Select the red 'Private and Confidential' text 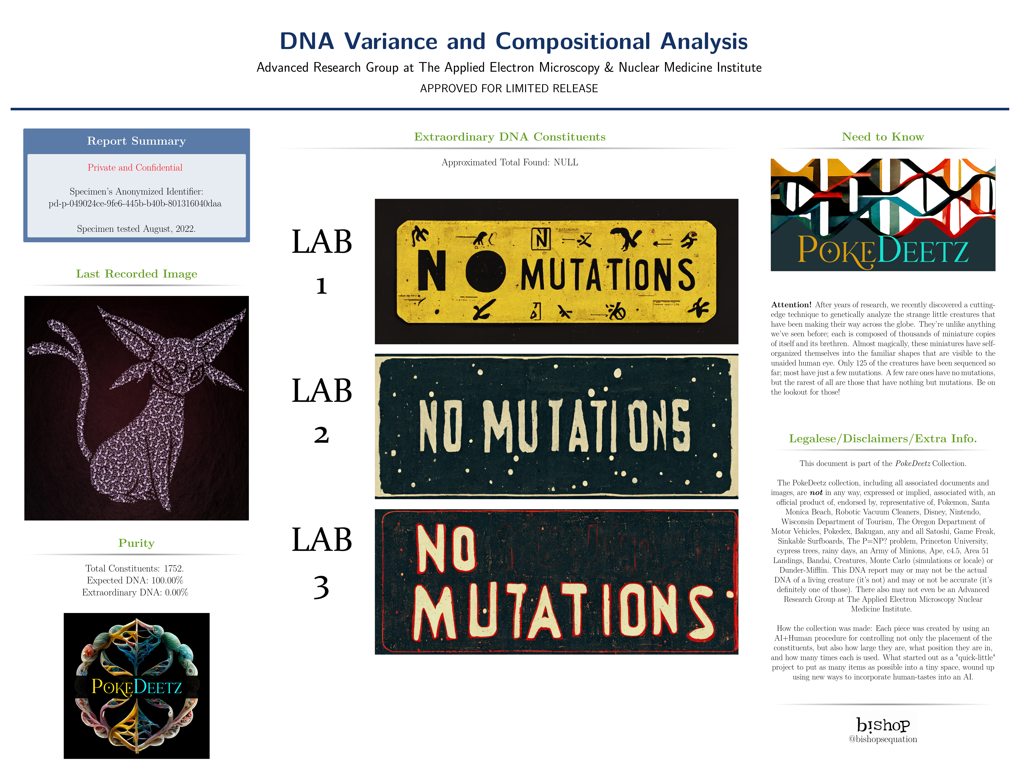(135, 167)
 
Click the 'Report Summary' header (137, 141)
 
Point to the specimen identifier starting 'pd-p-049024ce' (135, 203)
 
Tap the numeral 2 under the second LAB (321, 434)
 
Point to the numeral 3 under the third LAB (321, 587)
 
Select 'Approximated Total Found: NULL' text (510, 162)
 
